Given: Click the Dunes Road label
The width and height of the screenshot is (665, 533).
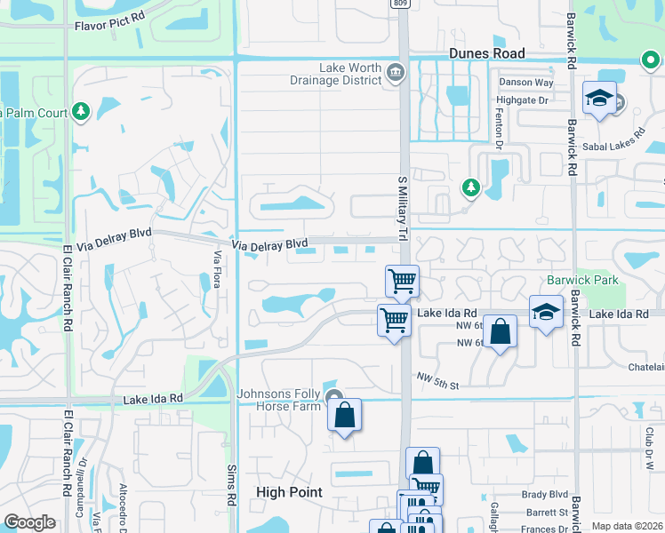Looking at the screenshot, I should (486, 53).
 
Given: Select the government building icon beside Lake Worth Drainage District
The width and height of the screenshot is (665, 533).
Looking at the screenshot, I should (394, 70).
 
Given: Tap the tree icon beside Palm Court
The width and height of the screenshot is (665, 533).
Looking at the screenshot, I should (82, 111).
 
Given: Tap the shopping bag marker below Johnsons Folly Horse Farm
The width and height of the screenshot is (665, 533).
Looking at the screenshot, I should (344, 415).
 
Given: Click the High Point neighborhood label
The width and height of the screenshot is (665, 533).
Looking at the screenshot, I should (289, 491).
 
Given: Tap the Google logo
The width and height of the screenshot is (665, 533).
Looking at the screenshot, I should (29, 522).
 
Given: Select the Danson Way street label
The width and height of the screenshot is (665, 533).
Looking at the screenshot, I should (526, 83).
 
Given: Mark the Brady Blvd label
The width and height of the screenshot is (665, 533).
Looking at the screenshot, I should (545, 494).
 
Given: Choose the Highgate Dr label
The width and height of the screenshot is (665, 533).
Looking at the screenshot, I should (530, 101).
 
